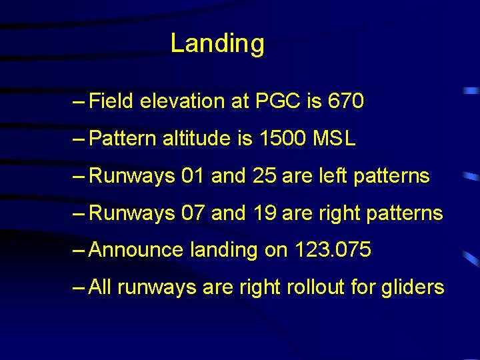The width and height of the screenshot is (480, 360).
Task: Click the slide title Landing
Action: (217, 43)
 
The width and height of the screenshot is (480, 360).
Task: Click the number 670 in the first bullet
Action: (346, 101)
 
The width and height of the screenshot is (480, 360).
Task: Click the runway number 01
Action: (193, 176)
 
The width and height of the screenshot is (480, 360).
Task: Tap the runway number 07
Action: (193, 213)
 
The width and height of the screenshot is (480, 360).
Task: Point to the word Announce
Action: (135, 250)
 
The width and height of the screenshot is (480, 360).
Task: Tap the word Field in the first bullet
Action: (111, 101)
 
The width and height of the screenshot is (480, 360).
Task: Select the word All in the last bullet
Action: (99, 287)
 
